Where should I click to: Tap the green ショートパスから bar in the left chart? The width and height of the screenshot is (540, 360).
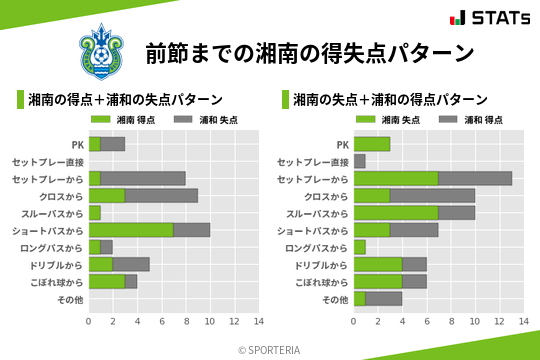(x=131, y=230)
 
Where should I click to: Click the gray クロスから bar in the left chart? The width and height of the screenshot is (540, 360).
(x=161, y=196)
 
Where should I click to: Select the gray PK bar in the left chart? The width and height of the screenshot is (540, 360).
(x=113, y=144)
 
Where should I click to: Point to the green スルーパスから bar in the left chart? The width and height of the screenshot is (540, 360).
(x=95, y=213)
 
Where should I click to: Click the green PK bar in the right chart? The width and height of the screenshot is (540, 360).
(x=372, y=144)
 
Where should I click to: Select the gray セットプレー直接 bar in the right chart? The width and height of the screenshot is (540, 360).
(x=360, y=161)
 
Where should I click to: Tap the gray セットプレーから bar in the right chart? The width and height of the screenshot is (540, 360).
(x=475, y=179)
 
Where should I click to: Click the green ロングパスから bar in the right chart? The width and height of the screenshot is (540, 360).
(x=360, y=247)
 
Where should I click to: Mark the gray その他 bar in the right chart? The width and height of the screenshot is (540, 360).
(x=384, y=299)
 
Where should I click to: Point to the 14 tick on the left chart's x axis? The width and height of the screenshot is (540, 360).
(x=258, y=321)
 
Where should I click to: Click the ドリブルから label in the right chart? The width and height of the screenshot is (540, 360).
(x=322, y=265)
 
